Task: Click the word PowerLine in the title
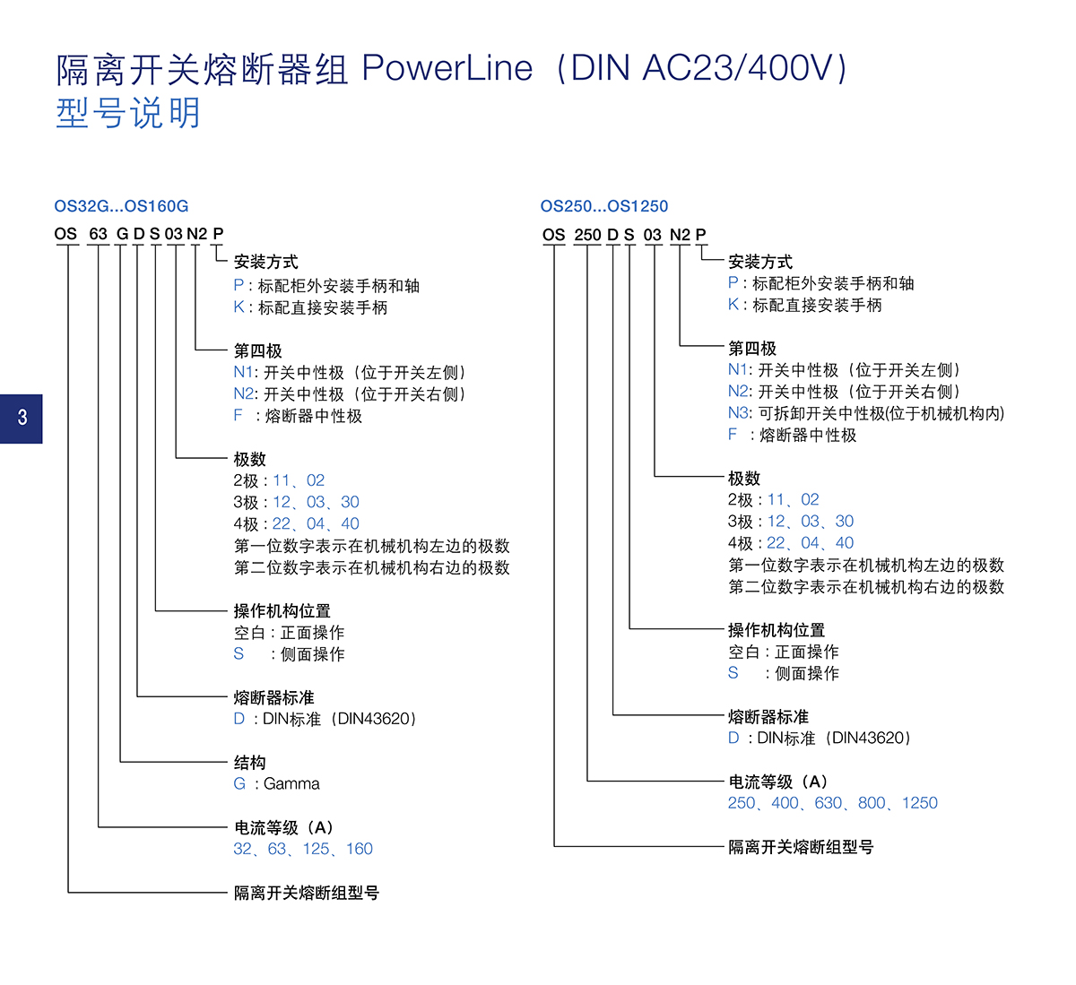point(447,69)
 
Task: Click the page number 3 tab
point(22,418)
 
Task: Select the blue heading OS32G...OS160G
point(121,206)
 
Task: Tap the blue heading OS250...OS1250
point(603,206)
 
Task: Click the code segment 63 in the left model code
point(98,234)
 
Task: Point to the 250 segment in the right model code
point(587,235)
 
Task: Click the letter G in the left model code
point(122,234)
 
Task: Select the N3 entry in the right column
point(738,413)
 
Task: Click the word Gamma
point(291,784)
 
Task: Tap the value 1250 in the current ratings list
point(919,803)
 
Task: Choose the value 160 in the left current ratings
point(359,849)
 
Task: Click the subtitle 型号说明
point(128,114)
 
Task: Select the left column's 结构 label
point(249,763)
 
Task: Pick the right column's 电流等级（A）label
point(777,782)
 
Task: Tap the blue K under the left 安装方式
point(239,307)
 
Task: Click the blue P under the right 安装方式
point(733,283)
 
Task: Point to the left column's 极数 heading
point(249,459)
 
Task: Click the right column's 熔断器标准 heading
point(768,717)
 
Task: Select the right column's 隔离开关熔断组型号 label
point(800,847)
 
